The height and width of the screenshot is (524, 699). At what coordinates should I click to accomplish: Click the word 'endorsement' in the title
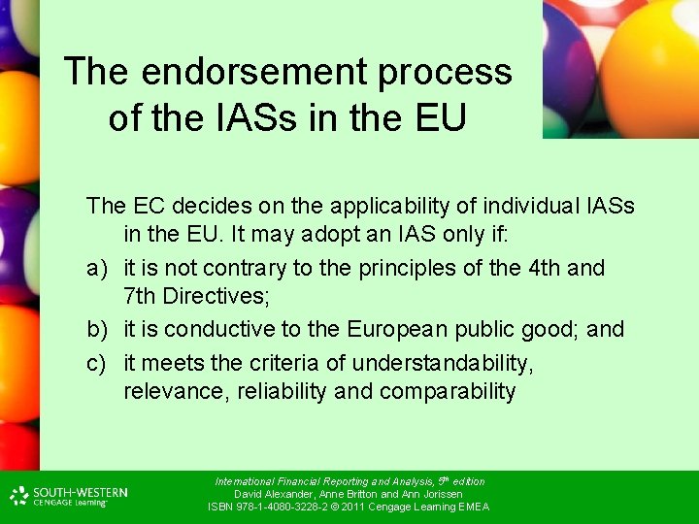point(251,71)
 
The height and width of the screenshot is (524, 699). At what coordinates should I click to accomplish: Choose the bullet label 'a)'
point(97,268)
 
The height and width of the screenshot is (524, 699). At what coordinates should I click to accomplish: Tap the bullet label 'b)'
point(97,330)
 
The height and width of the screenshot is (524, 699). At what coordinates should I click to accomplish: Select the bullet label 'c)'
point(97,363)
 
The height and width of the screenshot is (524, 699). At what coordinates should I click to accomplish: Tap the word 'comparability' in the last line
point(448,391)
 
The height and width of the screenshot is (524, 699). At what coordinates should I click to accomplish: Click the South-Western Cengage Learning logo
point(68,496)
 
